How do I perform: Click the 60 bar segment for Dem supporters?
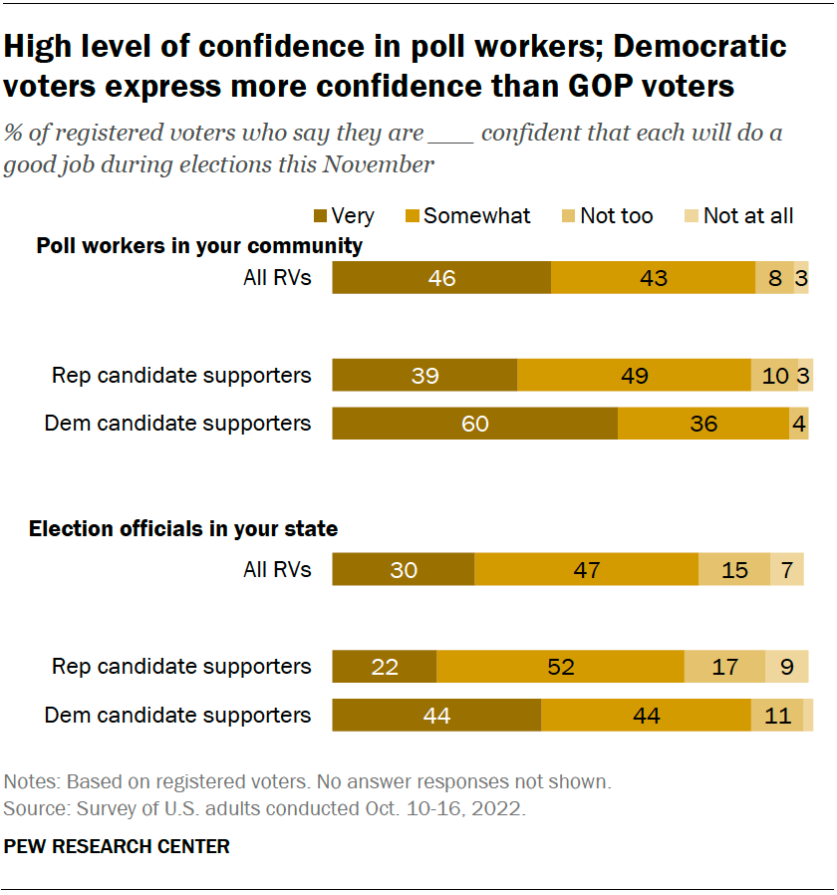point(474,424)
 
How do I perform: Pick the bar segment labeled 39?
point(424,376)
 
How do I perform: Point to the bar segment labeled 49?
point(634,376)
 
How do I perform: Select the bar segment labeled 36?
point(703,424)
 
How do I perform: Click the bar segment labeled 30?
point(403,570)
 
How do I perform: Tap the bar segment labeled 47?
point(586,570)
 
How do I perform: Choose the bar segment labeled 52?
point(560,666)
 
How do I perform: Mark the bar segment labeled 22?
point(384,666)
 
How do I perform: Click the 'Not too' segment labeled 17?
point(724,666)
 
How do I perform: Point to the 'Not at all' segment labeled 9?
point(786,666)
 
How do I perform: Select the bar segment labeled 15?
point(734,570)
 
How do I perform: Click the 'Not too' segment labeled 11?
point(776,715)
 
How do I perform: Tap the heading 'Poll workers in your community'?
point(199,245)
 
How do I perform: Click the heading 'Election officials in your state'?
point(183,529)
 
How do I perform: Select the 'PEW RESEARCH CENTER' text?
point(117,847)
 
